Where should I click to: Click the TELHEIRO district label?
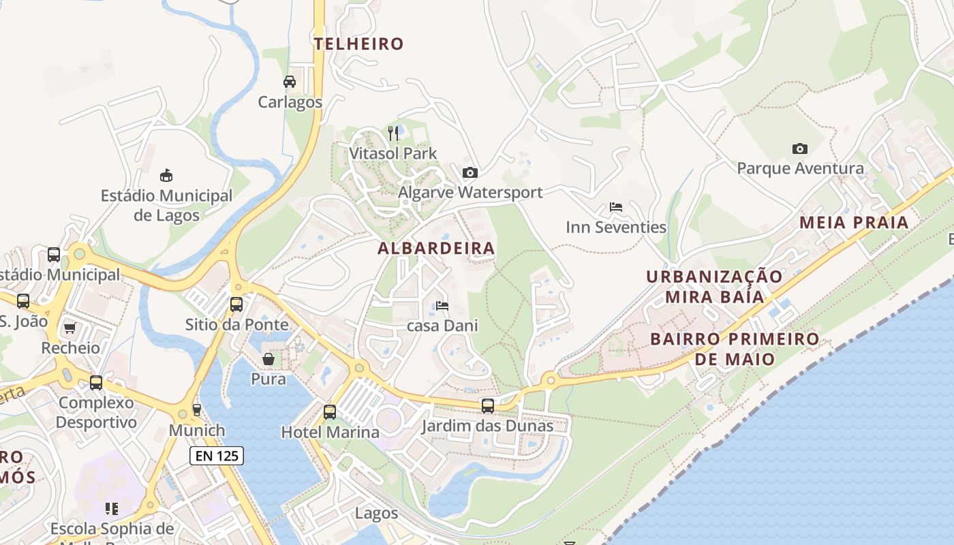pos(358,44)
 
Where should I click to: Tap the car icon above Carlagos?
pos(290,82)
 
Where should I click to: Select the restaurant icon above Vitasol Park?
pos(393,132)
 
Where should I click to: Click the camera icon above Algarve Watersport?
pos(470,172)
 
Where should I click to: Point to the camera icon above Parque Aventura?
pos(800,149)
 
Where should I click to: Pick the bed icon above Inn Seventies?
pos(616,207)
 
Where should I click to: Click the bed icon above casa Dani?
pos(442,306)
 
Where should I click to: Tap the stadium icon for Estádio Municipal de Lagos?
pos(166,176)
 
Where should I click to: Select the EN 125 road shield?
pos(217,456)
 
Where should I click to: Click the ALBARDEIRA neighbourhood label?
pos(436,249)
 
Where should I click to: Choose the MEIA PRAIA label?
pos(854,223)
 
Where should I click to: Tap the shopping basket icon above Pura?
pos(269,358)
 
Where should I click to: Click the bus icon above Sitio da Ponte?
pos(236,304)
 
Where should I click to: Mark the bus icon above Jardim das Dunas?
pos(488,406)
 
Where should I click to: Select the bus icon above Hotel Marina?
pos(330,411)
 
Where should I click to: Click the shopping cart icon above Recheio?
pos(70,328)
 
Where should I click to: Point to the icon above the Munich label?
pos(197,409)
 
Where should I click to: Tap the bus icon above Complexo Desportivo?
pos(96,383)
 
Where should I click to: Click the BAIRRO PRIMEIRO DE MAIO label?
pos(735,349)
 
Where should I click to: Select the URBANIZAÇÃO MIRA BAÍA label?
pos(714,287)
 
